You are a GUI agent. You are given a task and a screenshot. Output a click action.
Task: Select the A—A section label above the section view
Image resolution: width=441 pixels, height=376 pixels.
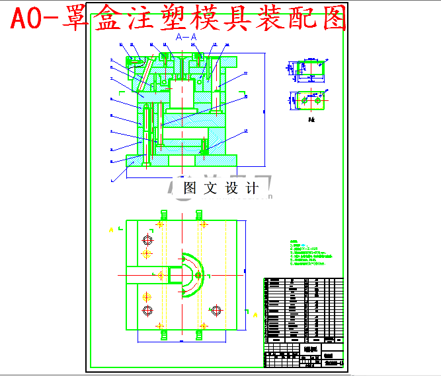coord(186,38)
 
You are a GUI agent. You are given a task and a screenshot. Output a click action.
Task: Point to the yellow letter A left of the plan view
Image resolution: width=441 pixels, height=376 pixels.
coord(111,230)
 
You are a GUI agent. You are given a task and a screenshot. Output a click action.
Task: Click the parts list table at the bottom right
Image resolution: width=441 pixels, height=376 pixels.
coord(303,310)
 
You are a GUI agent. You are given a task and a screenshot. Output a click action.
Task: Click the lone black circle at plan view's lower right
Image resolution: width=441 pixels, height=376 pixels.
coord(216,310)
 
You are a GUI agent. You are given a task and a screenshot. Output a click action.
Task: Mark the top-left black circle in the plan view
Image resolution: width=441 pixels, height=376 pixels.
coord(147,239)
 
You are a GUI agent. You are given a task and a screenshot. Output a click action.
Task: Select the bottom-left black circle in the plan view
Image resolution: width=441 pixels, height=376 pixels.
coord(147,311)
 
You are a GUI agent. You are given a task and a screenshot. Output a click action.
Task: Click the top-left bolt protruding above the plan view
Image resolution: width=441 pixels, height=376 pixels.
coord(163,215)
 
